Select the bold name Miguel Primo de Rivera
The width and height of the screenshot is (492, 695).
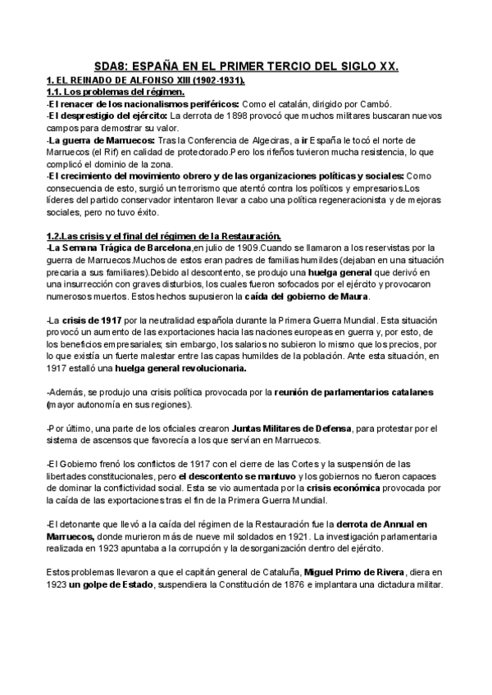click(370, 572)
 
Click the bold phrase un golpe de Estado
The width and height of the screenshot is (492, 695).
click(98, 584)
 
